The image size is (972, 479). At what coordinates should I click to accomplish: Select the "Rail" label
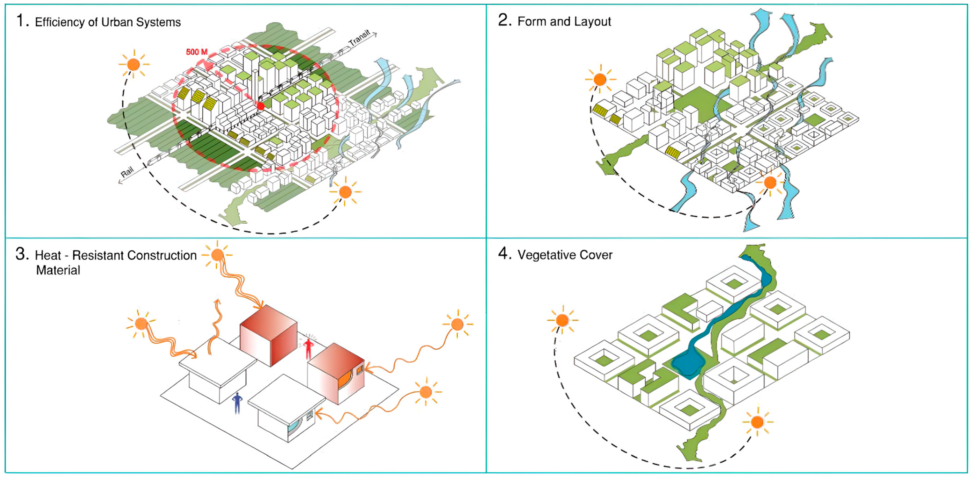point(127,172)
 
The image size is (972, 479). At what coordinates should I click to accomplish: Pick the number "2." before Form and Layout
point(504,20)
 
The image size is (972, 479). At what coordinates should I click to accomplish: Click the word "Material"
point(58,270)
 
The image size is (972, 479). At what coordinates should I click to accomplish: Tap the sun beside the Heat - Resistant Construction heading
point(217,255)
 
